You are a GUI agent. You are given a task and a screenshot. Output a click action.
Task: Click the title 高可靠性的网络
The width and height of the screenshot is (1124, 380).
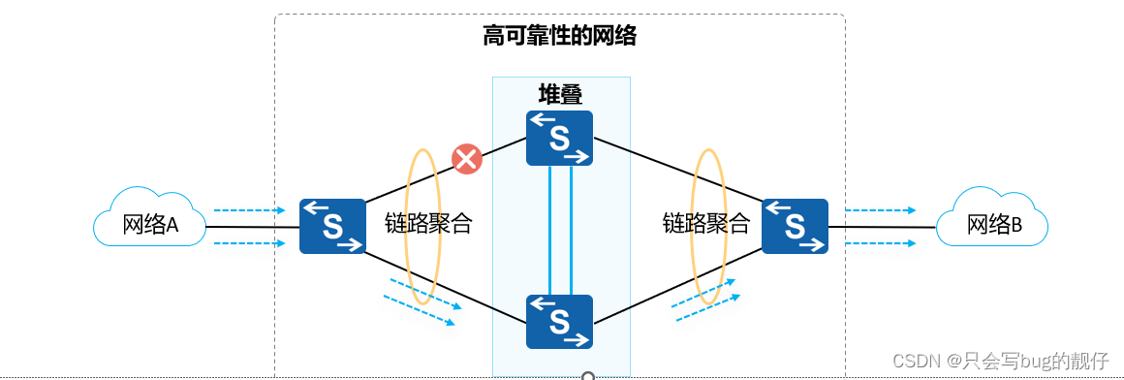coord(559,37)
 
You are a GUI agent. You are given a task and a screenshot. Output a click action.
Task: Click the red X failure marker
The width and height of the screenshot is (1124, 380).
coord(467,159)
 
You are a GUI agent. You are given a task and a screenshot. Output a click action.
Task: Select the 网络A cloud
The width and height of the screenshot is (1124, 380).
coord(150,226)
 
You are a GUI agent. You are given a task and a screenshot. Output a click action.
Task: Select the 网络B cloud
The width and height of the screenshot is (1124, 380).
coord(993,226)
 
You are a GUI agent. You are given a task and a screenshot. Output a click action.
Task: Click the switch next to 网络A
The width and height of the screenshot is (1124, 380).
coord(332,226)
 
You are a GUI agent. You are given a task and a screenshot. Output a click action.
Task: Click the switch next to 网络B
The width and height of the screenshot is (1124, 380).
coord(795,226)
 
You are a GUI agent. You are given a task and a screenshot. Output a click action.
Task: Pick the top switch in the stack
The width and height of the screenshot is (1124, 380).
coord(559,138)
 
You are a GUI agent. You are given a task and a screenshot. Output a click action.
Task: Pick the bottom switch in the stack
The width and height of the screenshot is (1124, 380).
coord(559,321)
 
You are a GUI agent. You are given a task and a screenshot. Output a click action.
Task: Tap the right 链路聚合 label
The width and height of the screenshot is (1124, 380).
coord(706,224)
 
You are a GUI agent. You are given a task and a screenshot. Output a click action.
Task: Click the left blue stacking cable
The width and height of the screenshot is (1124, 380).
coord(550,230)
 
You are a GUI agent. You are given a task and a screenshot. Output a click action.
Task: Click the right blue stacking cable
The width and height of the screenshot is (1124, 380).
coord(572,230)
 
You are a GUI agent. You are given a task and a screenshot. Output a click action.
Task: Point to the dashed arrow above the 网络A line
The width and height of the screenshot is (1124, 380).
coord(249,209)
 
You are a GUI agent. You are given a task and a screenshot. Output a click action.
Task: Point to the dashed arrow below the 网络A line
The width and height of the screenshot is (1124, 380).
coord(249,243)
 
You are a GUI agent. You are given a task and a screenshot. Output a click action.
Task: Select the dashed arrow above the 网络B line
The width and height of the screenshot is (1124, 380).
coord(880,209)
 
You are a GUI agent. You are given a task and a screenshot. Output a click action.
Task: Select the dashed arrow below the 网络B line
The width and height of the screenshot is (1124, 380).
coord(880,243)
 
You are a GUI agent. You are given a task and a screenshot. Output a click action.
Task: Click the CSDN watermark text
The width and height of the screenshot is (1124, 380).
coord(1000,361)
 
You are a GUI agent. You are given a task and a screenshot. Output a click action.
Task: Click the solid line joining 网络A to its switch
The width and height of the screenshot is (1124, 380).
coord(252,228)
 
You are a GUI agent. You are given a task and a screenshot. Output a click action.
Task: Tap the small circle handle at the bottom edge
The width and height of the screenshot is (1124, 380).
coord(587,375)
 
